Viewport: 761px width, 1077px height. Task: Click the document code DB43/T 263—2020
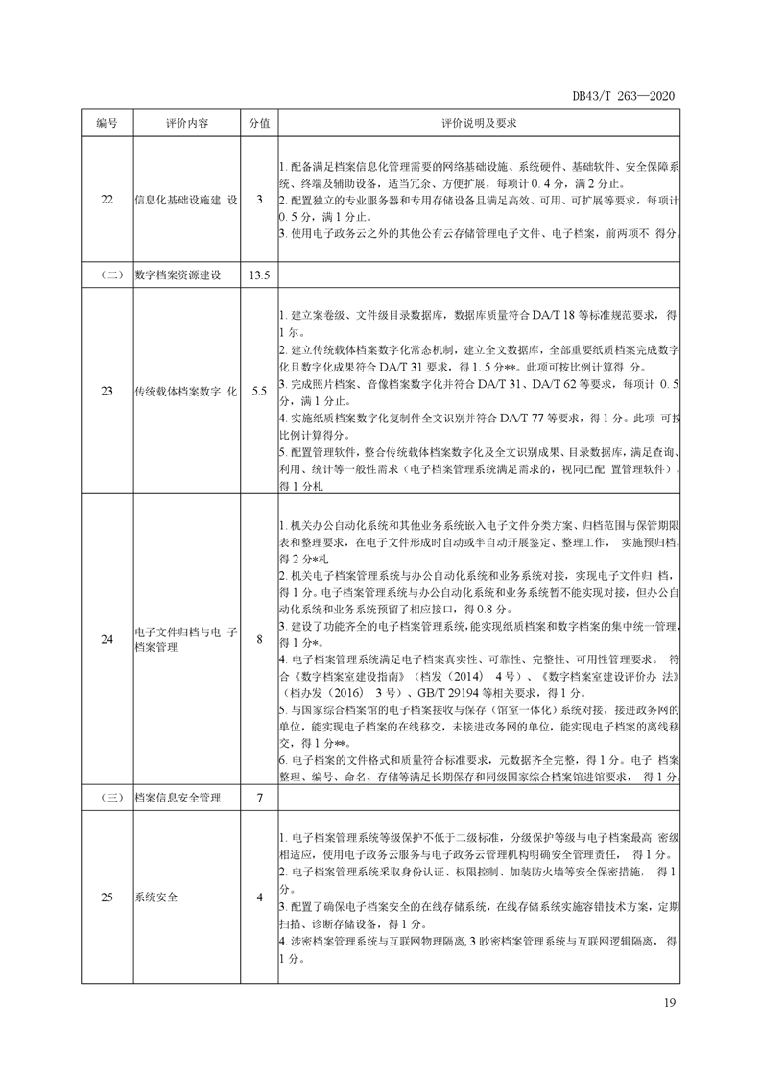point(625,96)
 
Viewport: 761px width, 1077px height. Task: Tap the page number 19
point(670,1003)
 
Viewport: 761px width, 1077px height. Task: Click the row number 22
point(107,200)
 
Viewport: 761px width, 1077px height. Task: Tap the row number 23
point(107,391)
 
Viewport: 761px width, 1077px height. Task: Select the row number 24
point(107,638)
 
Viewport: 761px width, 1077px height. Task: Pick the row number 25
point(107,897)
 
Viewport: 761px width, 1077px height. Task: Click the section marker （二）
point(107,275)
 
